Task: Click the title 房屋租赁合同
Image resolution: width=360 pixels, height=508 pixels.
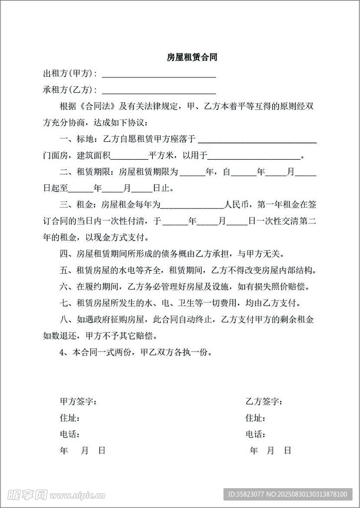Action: tap(192, 58)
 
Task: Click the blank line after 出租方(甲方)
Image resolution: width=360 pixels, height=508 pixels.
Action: tap(158, 75)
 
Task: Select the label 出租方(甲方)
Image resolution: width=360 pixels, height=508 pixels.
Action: tap(70, 74)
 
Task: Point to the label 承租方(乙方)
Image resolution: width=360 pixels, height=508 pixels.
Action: tap(70, 90)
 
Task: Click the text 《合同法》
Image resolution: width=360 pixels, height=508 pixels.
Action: tap(96, 107)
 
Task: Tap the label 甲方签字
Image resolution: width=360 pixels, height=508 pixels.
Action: tap(78, 401)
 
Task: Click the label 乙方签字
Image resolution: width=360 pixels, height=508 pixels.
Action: tap(264, 401)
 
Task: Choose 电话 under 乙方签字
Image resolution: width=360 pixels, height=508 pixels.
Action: tap(255, 435)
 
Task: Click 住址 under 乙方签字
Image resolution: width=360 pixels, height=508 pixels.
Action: tap(255, 418)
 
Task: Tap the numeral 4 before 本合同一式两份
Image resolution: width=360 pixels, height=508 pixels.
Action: tap(62, 353)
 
